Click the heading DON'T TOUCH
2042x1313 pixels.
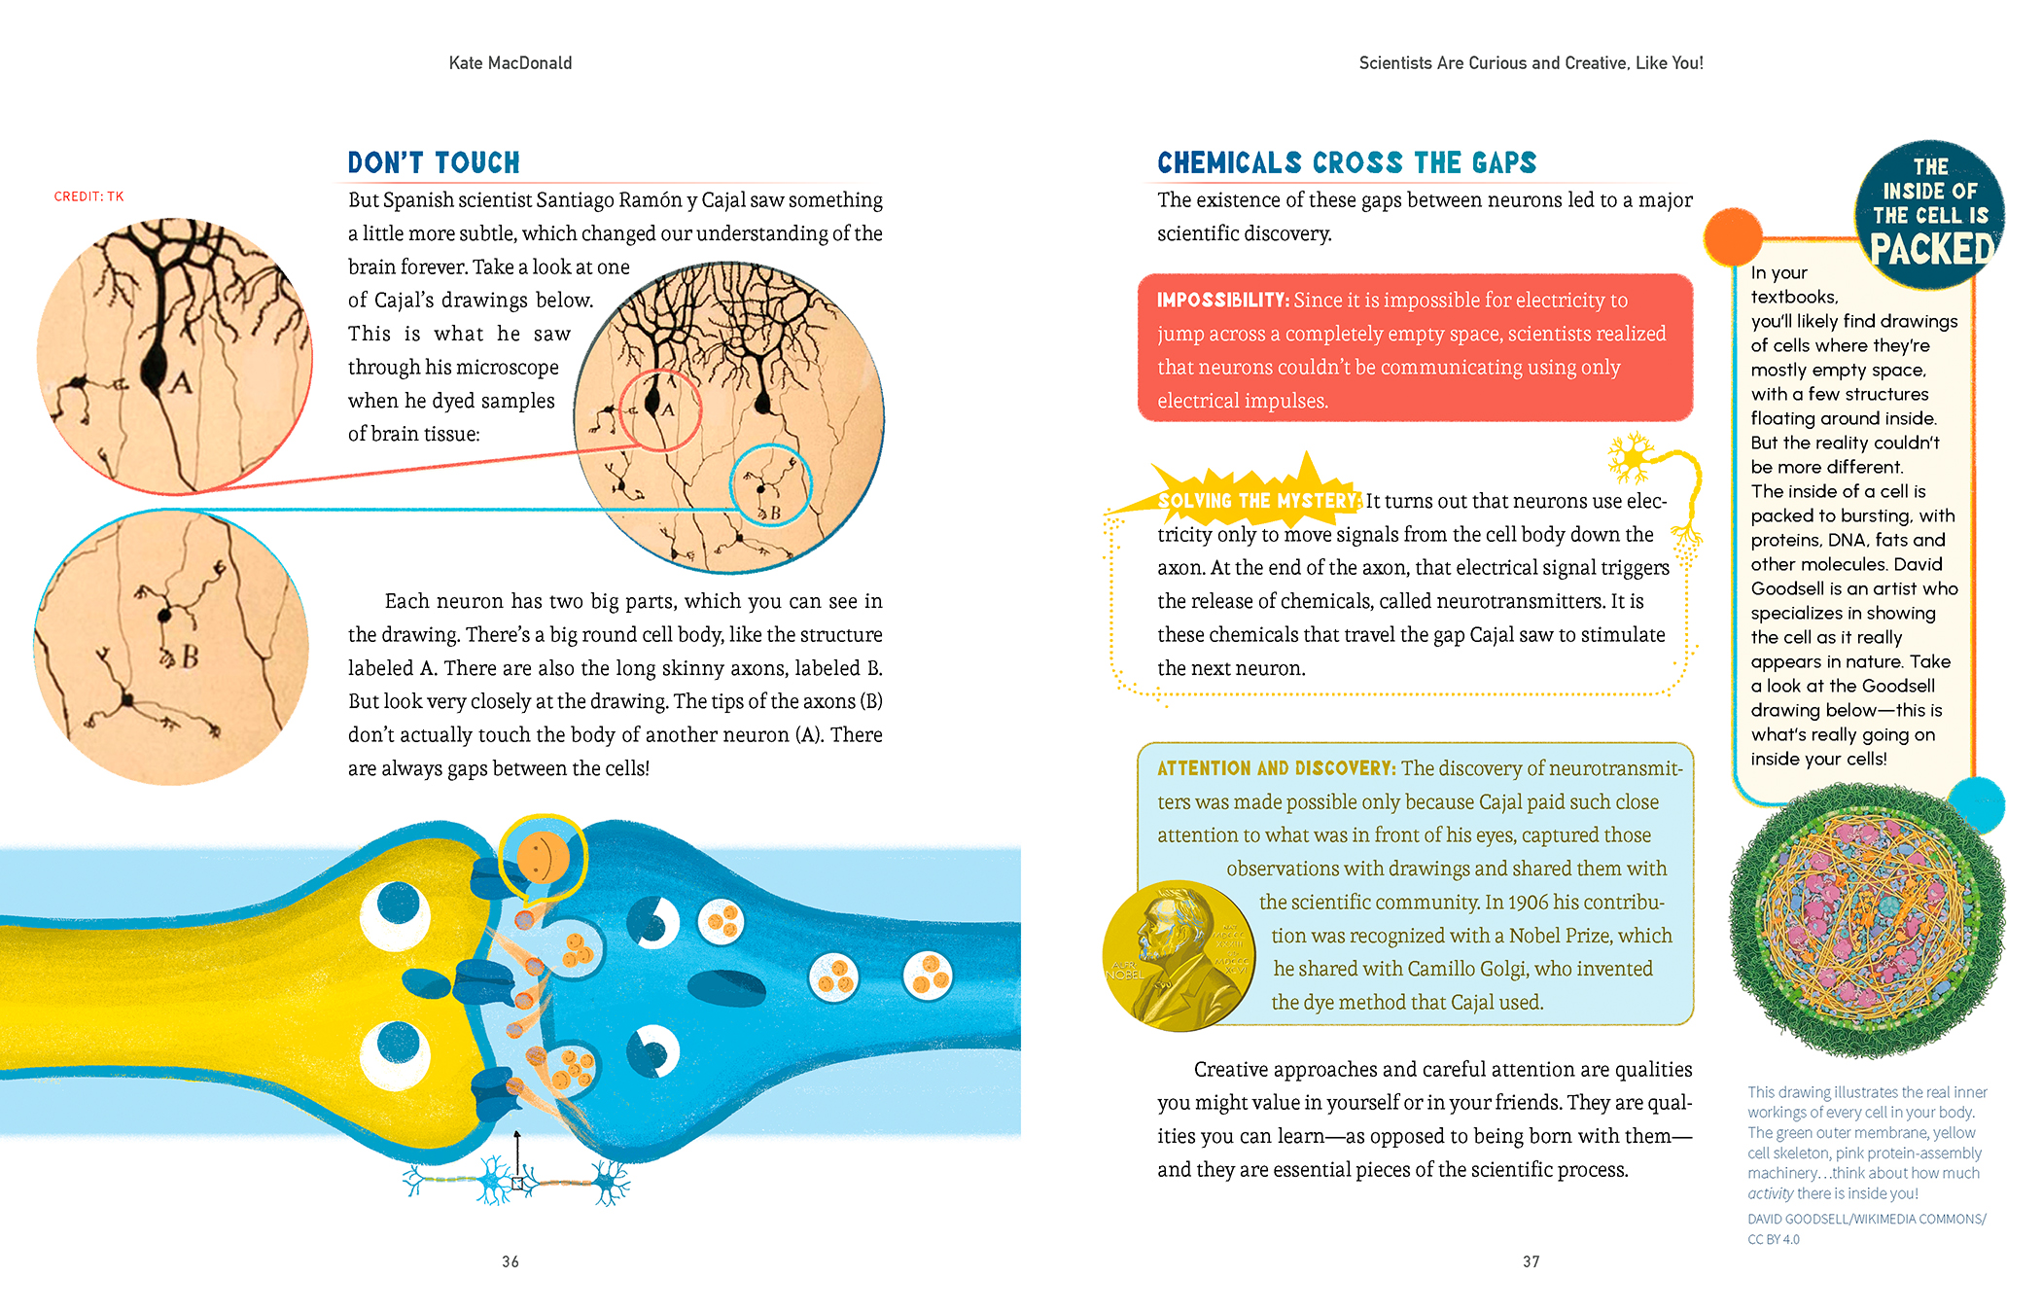[x=434, y=162]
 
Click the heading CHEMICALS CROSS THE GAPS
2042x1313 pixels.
[x=1346, y=162]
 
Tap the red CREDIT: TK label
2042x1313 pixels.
[x=88, y=196]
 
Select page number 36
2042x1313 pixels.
[x=510, y=1261]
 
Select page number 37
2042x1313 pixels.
[x=1531, y=1261]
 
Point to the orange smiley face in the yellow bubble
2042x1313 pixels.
[x=542, y=857]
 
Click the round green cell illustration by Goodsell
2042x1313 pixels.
[x=1865, y=919]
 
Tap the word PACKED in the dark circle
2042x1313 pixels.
[x=1931, y=250]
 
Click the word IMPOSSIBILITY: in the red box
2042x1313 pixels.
[x=1222, y=301]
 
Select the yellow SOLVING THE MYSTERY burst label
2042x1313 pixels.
[x=1258, y=501]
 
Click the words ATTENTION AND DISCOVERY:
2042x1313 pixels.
[x=1276, y=768]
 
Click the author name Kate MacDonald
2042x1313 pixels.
[x=510, y=63]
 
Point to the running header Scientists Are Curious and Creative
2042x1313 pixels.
[x=1531, y=63]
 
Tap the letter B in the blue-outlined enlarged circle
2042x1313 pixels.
[x=191, y=657]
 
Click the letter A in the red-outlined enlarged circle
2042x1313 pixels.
[x=181, y=382]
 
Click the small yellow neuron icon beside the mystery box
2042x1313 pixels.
[x=1631, y=457]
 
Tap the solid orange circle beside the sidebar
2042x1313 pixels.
[x=1733, y=236]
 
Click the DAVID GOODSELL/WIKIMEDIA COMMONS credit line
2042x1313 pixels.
[x=1866, y=1219]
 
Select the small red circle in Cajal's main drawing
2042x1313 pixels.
[x=661, y=410]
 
